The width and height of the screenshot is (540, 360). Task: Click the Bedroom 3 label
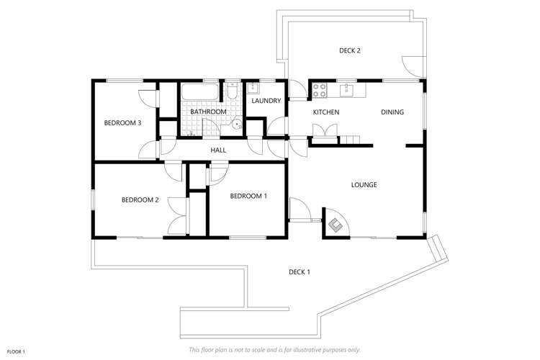tap(122, 123)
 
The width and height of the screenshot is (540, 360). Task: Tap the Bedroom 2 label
tap(140, 200)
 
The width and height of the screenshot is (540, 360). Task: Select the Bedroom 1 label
tap(248, 196)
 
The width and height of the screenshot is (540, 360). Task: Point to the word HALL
tap(218, 150)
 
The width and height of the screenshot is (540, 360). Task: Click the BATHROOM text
tap(208, 112)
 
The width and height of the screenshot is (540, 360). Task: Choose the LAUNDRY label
tap(266, 101)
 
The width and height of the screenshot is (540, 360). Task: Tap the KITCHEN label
tap(325, 112)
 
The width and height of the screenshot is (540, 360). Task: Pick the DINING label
tap(392, 112)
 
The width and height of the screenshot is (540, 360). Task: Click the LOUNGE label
tap(364, 185)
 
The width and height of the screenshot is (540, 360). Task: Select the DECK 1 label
tap(299, 271)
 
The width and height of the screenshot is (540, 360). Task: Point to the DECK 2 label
tap(349, 50)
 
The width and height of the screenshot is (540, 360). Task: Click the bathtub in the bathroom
tap(199, 92)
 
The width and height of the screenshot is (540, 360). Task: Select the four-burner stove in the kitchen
tap(319, 91)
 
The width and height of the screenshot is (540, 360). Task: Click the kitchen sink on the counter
tap(346, 90)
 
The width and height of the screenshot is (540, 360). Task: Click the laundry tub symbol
tap(253, 89)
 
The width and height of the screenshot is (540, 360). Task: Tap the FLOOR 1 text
tap(16, 351)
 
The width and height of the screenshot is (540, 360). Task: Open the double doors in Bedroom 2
tap(177, 214)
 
